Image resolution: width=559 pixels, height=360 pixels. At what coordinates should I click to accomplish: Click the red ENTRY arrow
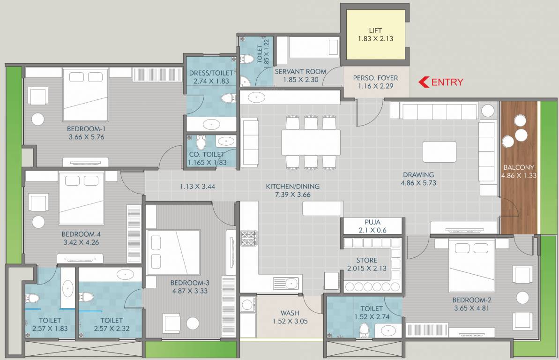click(423, 82)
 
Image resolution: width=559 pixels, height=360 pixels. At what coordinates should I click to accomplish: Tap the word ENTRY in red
click(447, 82)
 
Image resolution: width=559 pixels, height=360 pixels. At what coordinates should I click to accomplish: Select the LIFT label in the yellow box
click(375, 31)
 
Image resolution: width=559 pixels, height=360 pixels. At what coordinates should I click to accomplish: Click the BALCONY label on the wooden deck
click(518, 167)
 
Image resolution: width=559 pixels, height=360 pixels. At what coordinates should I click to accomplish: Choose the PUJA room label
click(373, 222)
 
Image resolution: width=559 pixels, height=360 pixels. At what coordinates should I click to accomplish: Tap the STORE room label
click(366, 261)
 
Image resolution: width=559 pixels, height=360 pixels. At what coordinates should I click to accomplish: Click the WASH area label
click(290, 313)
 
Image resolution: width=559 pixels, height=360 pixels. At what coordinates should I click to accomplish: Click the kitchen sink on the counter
click(291, 283)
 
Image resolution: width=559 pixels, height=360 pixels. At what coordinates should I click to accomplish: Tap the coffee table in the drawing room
click(439, 151)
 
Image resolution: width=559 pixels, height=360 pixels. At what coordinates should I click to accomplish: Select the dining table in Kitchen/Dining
click(311, 142)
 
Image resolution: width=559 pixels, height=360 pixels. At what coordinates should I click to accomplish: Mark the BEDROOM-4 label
click(81, 234)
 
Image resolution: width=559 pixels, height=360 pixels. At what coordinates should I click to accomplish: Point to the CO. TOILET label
click(207, 154)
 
